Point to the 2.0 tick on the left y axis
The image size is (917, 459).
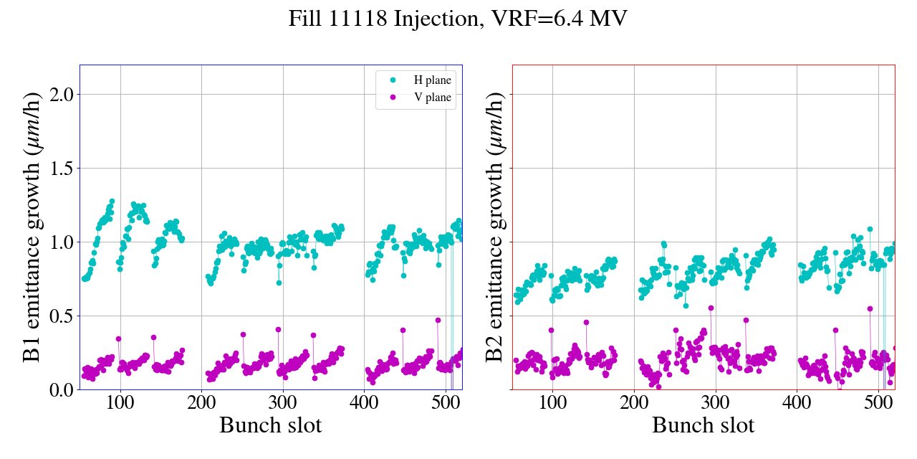click(x=63, y=94)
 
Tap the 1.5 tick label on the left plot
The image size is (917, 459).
click(x=63, y=168)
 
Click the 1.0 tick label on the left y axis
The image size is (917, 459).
click(x=63, y=242)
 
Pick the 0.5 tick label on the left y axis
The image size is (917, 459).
click(x=63, y=316)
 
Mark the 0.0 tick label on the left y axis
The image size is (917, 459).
click(x=63, y=389)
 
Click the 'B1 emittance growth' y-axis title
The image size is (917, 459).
click(x=32, y=227)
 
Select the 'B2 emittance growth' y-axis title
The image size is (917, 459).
click(x=494, y=227)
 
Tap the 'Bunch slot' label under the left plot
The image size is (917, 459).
click(x=270, y=425)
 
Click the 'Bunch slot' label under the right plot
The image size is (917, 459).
click(x=703, y=425)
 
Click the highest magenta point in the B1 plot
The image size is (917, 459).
click(x=438, y=320)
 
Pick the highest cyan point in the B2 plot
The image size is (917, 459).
click(x=870, y=229)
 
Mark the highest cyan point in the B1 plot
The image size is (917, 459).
click(x=112, y=202)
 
